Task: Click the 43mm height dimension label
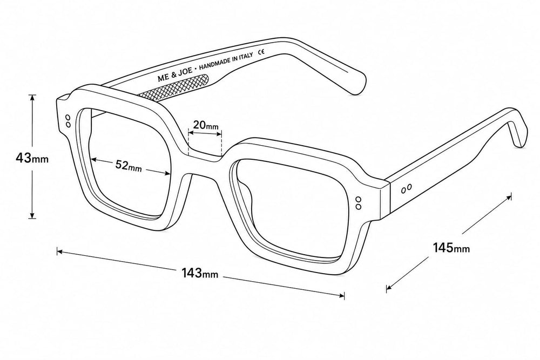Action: click(x=32, y=158)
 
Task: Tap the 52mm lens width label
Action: click(x=129, y=166)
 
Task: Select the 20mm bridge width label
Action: click(x=206, y=125)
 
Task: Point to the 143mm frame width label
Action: click(x=200, y=273)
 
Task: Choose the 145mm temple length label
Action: click(x=451, y=247)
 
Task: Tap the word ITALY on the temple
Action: click(x=246, y=57)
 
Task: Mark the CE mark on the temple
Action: click(x=261, y=52)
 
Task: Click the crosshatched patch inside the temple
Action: click(x=173, y=89)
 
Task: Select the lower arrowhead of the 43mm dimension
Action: click(x=32, y=215)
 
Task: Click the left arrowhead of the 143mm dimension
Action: click(x=60, y=252)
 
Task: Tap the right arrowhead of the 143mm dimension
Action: click(x=342, y=295)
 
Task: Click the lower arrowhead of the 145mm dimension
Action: click(x=389, y=287)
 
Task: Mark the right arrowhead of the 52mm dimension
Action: click(x=168, y=173)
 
